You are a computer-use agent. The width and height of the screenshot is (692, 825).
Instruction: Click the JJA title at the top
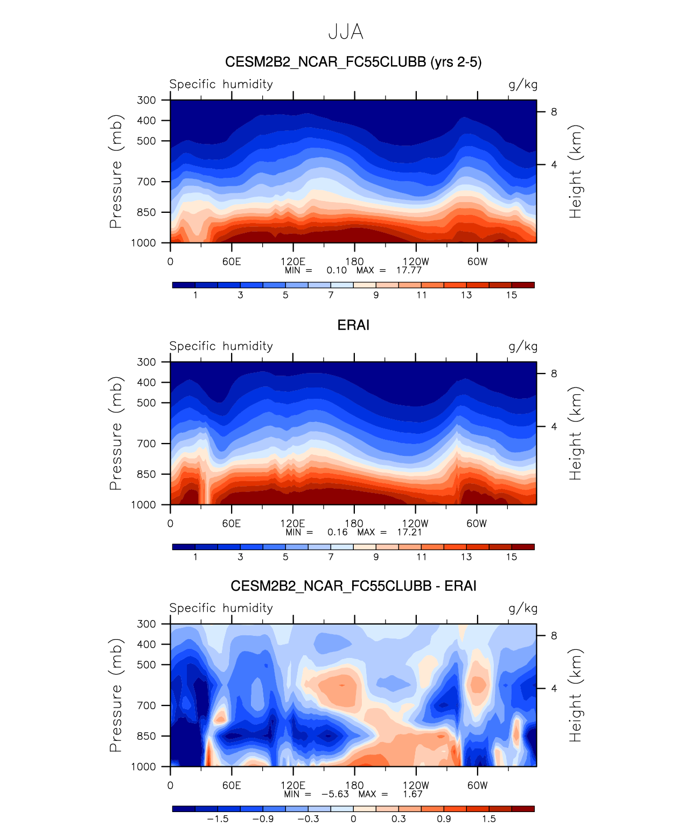[346, 32]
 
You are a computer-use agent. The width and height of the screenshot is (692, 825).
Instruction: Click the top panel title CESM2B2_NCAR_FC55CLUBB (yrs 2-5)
[353, 62]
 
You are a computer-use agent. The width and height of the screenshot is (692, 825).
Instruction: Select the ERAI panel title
[353, 325]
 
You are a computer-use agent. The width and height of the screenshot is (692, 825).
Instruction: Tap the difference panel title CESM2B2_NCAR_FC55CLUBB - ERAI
[353, 586]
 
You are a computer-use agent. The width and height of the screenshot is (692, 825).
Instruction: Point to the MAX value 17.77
[409, 271]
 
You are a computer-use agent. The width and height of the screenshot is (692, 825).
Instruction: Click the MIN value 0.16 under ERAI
[338, 532]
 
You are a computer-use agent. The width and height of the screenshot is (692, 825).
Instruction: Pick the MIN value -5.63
[335, 794]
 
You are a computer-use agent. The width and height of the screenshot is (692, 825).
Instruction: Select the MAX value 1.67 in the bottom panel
[413, 794]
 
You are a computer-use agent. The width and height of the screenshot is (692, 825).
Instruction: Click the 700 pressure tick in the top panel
[146, 182]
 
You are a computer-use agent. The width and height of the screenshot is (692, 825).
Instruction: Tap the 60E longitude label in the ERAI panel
[232, 523]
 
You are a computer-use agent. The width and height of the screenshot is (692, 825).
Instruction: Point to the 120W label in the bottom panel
[415, 785]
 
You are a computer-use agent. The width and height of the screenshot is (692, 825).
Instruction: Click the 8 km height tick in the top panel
[554, 112]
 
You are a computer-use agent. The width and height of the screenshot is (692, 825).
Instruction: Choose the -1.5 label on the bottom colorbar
[218, 819]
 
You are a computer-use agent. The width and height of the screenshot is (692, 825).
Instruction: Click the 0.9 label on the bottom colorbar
[444, 819]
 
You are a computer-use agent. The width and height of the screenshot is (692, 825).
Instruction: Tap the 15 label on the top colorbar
[511, 295]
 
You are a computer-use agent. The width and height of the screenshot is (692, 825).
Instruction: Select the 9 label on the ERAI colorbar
[376, 557]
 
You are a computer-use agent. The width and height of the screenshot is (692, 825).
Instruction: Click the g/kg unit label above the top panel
[522, 85]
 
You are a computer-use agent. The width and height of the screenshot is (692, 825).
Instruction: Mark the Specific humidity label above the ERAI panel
[221, 346]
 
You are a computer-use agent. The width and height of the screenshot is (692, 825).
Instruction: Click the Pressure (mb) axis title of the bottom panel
[116, 695]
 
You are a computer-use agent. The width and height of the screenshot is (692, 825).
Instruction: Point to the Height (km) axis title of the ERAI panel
[576, 433]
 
